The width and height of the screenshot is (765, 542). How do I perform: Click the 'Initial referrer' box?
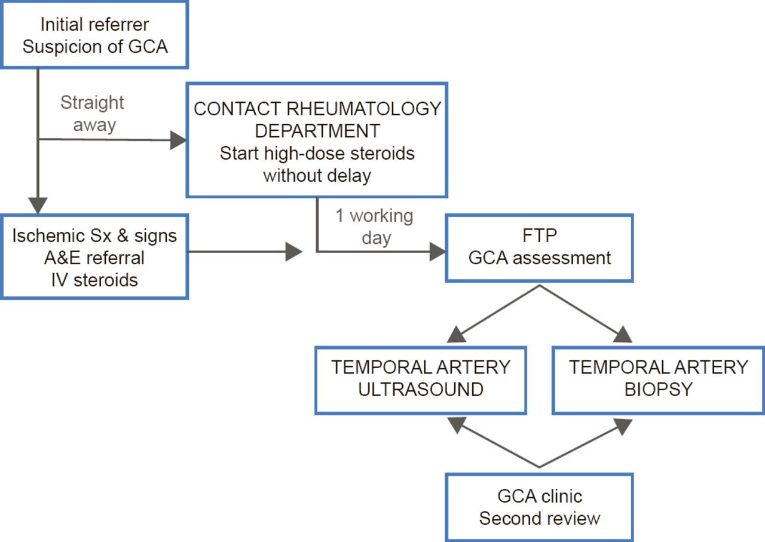(x=94, y=35)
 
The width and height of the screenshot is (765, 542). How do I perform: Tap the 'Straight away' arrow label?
(x=92, y=113)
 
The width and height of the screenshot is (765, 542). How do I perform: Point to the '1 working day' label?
(x=374, y=226)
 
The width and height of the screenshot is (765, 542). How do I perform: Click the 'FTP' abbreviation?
(x=540, y=236)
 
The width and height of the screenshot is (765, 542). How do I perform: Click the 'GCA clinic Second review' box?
(x=539, y=507)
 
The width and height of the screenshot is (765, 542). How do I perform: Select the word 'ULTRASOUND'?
(x=421, y=389)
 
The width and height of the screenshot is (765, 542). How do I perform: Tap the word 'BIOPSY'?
(x=658, y=389)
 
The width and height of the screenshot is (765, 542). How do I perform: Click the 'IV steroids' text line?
(x=94, y=279)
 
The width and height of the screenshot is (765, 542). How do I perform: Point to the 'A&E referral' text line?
(x=94, y=258)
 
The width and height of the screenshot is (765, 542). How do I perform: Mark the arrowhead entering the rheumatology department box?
(x=178, y=141)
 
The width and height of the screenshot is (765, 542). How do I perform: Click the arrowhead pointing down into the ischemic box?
(x=38, y=206)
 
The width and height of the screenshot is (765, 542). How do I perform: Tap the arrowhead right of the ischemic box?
(x=293, y=252)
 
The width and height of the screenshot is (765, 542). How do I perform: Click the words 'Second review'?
(x=539, y=517)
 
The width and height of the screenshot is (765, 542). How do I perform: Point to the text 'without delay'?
(x=317, y=175)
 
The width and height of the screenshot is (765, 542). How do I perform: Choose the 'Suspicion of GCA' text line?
(x=94, y=46)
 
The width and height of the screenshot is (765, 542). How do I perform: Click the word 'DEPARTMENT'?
(x=317, y=131)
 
